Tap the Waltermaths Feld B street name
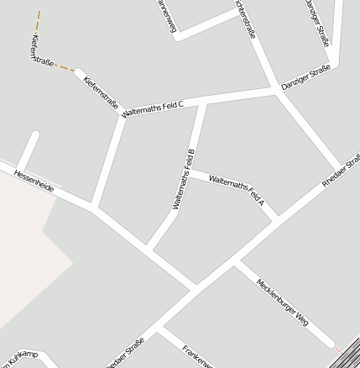(x=183, y=179)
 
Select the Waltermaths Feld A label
(x=237, y=190)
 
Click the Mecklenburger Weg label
(x=283, y=302)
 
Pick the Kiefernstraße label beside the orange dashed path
(x=41, y=51)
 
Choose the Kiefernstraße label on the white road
(x=101, y=95)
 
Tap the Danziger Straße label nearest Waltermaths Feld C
(x=305, y=78)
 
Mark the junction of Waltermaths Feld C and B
(x=202, y=103)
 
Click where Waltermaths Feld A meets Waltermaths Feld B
(x=190, y=173)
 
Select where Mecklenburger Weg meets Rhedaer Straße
(x=237, y=262)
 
